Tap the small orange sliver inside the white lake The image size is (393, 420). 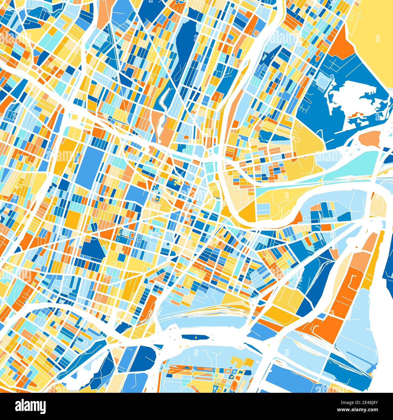[357, 115]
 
